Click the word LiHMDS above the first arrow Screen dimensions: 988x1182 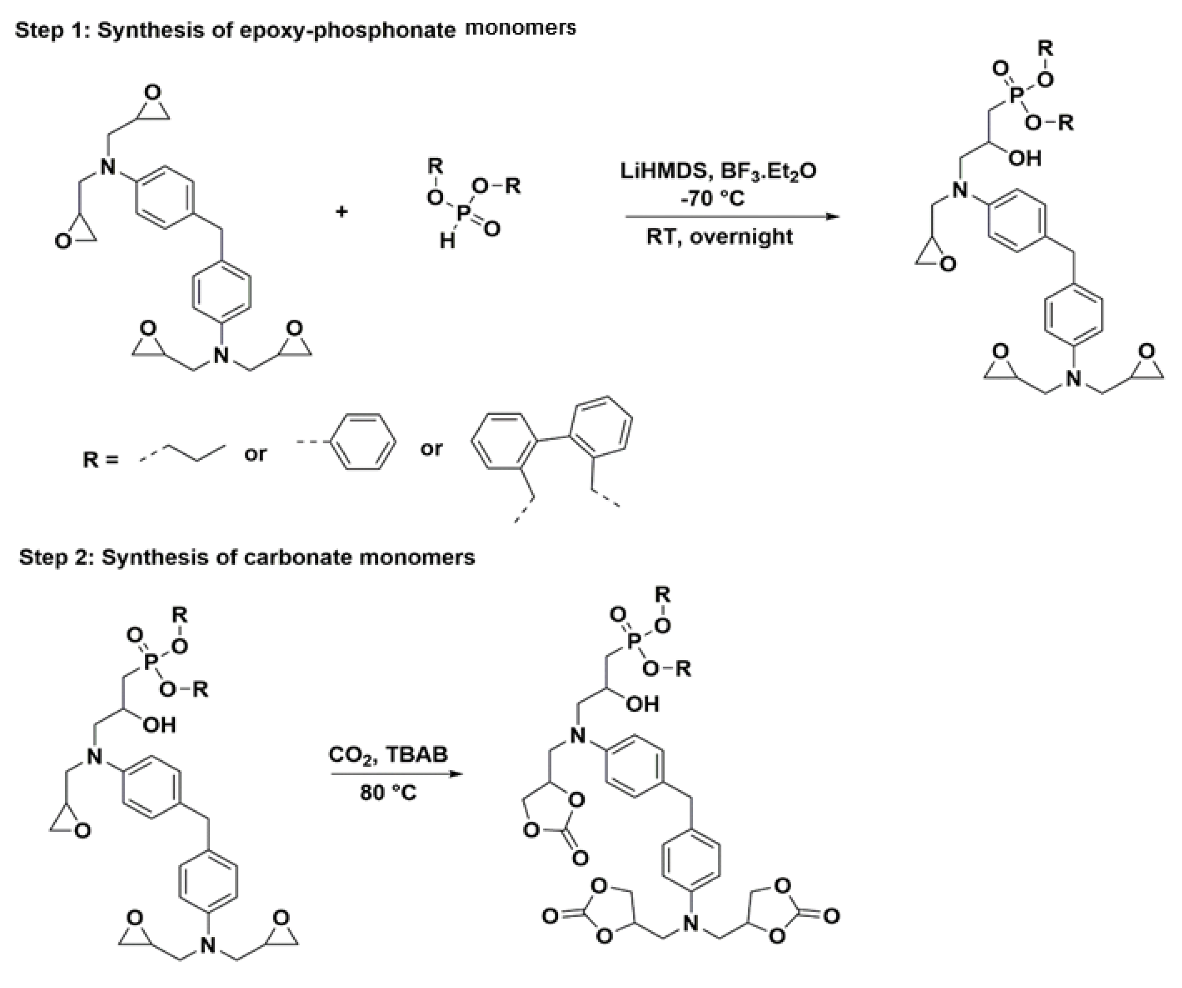coord(659,171)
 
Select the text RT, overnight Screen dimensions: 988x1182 coord(719,236)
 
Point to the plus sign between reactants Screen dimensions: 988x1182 coord(342,212)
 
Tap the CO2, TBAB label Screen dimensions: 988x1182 coord(388,755)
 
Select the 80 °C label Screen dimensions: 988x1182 coord(388,793)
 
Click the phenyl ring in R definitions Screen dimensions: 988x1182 coord(363,442)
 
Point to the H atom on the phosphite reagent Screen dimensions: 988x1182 coord(447,241)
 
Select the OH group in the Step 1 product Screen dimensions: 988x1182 coord(1025,158)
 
